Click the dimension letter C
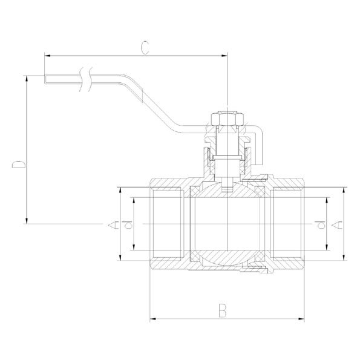pos(145,48)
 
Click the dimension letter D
pos(19,165)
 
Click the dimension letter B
pos(223,310)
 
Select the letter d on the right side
pos(320,224)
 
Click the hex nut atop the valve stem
pos(227,119)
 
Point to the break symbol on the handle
pos(86,79)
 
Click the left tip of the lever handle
pos(45,79)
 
